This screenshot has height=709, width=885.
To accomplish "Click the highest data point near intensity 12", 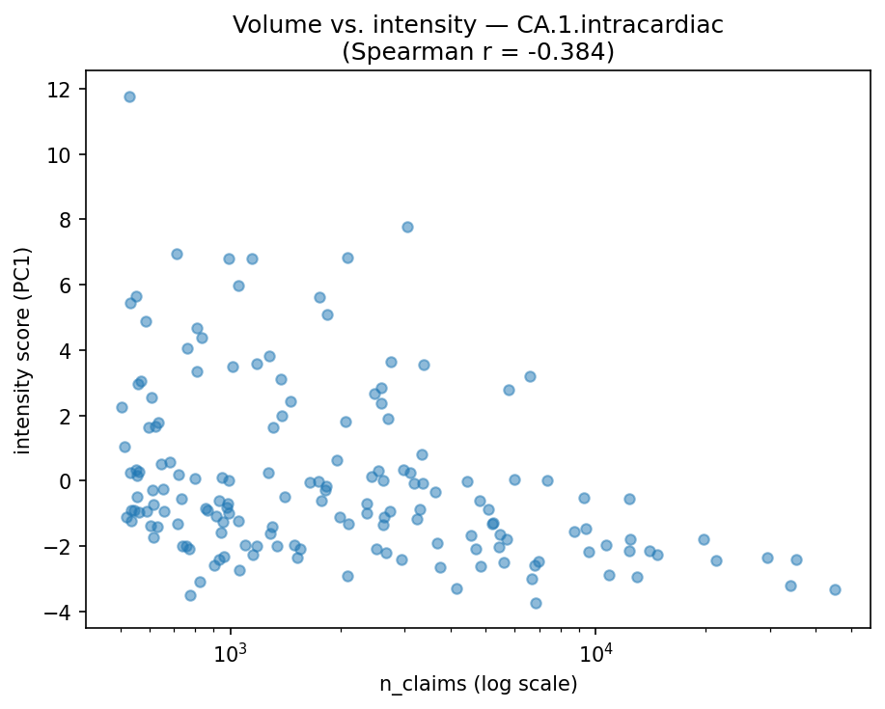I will pyautogui.click(x=129, y=96).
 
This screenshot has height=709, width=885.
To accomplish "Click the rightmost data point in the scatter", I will pyautogui.click(x=835, y=589).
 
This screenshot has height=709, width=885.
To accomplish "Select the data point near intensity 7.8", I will pyautogui.click(x=407, y=227).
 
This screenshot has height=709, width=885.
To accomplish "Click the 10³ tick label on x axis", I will pyautogui.click(x=231, y=652).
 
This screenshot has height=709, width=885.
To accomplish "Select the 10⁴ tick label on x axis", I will pyautogui.click(x=595, y=652).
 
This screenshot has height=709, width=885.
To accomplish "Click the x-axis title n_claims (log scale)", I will pyautogui.click(x=478, y=685).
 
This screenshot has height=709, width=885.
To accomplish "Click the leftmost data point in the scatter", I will pyautogui.click(x=122, y=407).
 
